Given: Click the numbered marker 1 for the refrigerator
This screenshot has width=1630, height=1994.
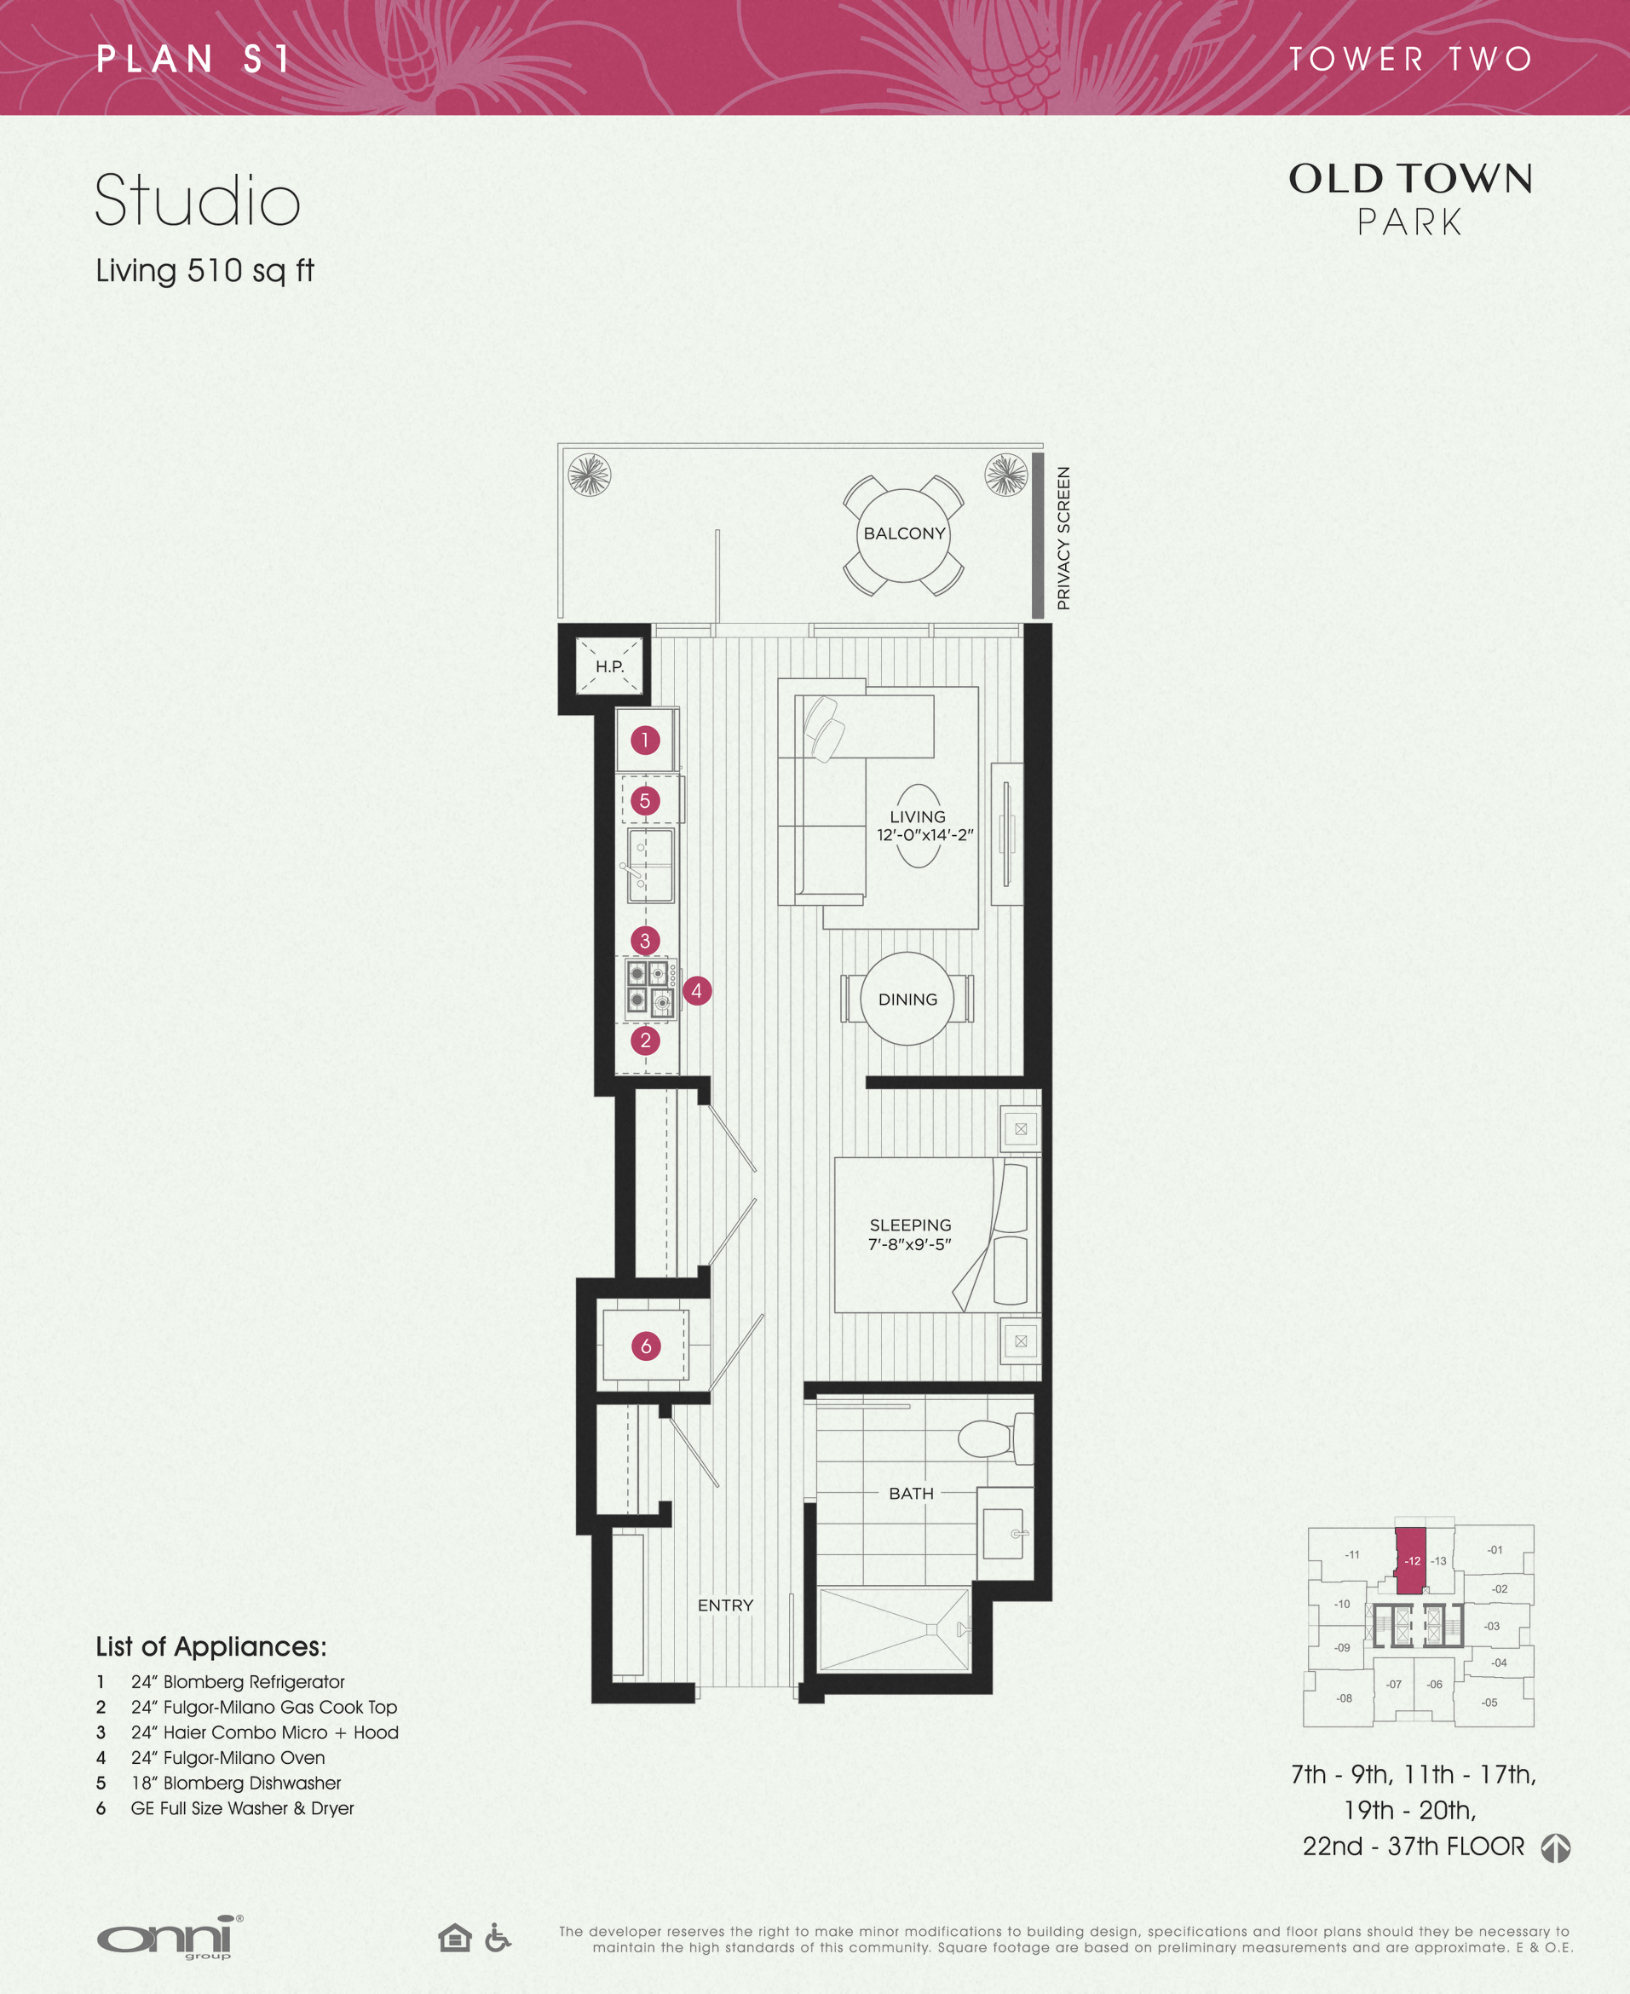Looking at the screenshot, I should [x=645, y=740].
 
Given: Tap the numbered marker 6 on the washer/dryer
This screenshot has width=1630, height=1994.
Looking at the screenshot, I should [x=646, y=1346].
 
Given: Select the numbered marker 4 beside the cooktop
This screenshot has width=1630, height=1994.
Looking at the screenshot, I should [x=697, y=989].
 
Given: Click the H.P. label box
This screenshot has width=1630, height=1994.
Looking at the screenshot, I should [x=609, y=666].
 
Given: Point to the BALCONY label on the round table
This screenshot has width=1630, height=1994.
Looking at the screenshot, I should [x=904, y=533].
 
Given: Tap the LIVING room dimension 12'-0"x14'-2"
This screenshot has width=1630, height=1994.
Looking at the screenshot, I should [x=924, y=834].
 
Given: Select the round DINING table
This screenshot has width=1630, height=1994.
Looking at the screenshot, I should [x=907, y=999].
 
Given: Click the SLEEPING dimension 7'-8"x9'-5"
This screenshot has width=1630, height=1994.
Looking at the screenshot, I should [x=909, y=1244].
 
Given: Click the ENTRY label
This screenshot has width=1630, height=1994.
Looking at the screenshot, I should [x=725, y=1605].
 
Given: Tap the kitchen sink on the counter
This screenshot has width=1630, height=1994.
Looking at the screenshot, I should [x=651, y=865].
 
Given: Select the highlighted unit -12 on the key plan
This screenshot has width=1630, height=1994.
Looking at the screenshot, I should [x=1411, y=1560].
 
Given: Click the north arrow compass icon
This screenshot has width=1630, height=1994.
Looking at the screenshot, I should [x=1556, y=1847].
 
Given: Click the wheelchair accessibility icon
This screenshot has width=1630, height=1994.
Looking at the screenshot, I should [x=498, y=1937].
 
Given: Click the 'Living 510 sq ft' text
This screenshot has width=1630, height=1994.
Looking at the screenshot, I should [x=204, y=270].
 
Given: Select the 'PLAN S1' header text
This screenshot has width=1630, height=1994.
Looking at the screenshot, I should [x=193, y=59].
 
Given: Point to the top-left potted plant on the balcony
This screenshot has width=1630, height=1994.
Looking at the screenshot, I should [x=590, y=474].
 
